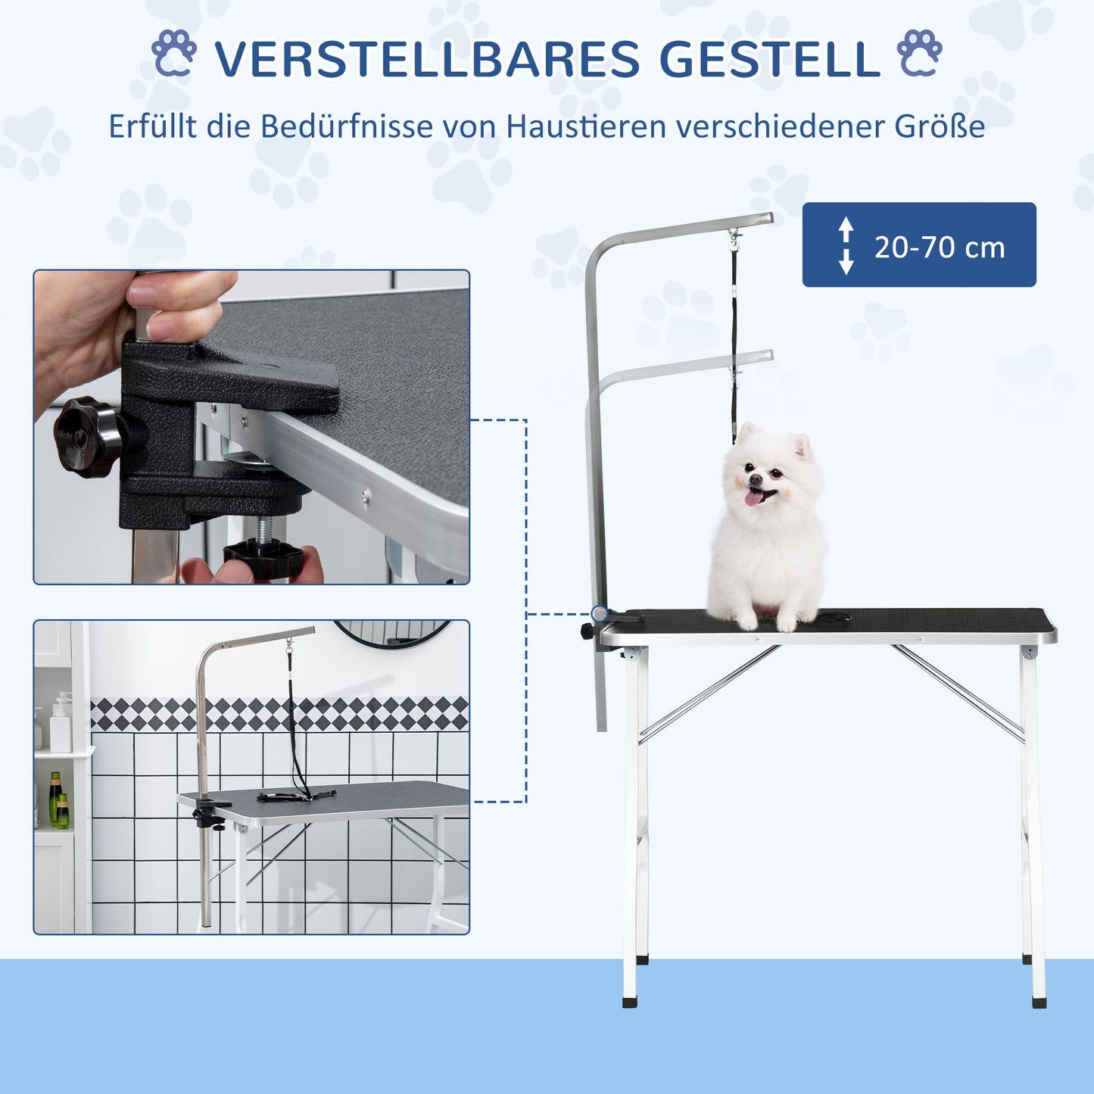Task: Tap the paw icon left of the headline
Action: click(x=174, y=54)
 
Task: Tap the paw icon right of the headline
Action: click(x=919, y=54)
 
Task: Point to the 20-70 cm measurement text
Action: click(x=940, y=248)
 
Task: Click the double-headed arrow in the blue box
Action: click(x=846, y=245)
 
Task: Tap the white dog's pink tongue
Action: click(x=753, y=497)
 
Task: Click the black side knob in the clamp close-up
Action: click(x=88, y=437)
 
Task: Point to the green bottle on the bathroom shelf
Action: click(x=55, y=798)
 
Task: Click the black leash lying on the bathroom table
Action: click(x=295, y=795)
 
